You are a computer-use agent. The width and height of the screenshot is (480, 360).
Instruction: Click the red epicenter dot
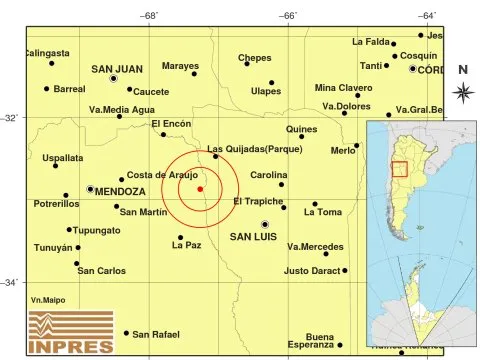pyautogui.click(x=200, y=188)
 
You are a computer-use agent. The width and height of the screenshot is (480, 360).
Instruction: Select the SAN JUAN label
pyautogui.click(x=118, y=69)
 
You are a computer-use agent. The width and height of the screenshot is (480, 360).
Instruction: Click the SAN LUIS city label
pyautogui.click(x=253, y=237)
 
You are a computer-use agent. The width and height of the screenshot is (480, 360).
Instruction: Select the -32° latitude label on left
pyautogui.click(x=10, y=118)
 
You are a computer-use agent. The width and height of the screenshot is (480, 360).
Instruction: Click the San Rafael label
pyautogui.click(x=156, y=334)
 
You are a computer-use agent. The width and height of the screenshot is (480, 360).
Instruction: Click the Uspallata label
pyautogui.click(x=35, y=158)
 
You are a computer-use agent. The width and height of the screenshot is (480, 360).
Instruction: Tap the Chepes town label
pyautogui.click(x=255, y=58)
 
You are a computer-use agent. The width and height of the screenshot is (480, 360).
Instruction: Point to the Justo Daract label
pyautogui.click(x=312, y=270)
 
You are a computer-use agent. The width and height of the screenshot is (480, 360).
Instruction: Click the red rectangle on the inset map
pyautogui.click(x=399, y=168)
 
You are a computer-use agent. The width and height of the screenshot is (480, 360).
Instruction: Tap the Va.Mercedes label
pyautogui.click(x=314, y=246)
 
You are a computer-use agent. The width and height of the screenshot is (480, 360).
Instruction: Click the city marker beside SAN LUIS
pyautogui.click(x=265, y=225)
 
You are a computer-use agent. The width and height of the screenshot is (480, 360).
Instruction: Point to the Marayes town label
pyautogui.click(x=180, y=66)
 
